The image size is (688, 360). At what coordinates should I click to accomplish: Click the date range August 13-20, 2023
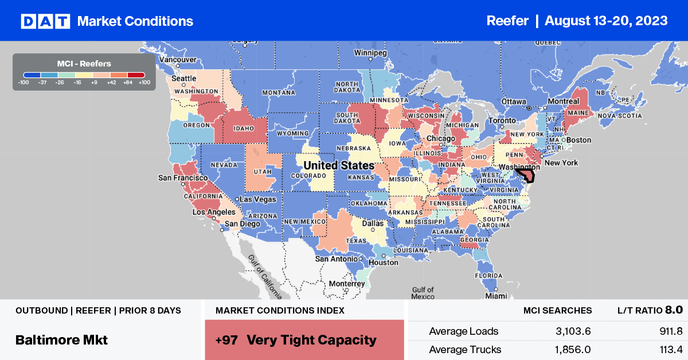click(x=606, y=21)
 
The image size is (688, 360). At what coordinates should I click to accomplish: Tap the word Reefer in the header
click(x=507, y=21)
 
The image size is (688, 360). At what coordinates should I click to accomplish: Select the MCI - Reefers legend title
click(x=84, y=64)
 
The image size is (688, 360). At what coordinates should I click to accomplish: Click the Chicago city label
click(x=441, y=139)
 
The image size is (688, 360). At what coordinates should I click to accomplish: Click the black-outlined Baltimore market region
click(x=526, y=175)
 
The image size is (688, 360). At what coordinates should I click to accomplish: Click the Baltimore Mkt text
click(x=61, y=339)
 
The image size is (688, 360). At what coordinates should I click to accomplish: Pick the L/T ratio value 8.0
click(x=674, y=310)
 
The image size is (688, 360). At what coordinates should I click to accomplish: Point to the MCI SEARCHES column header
click(x=557, y=310)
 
